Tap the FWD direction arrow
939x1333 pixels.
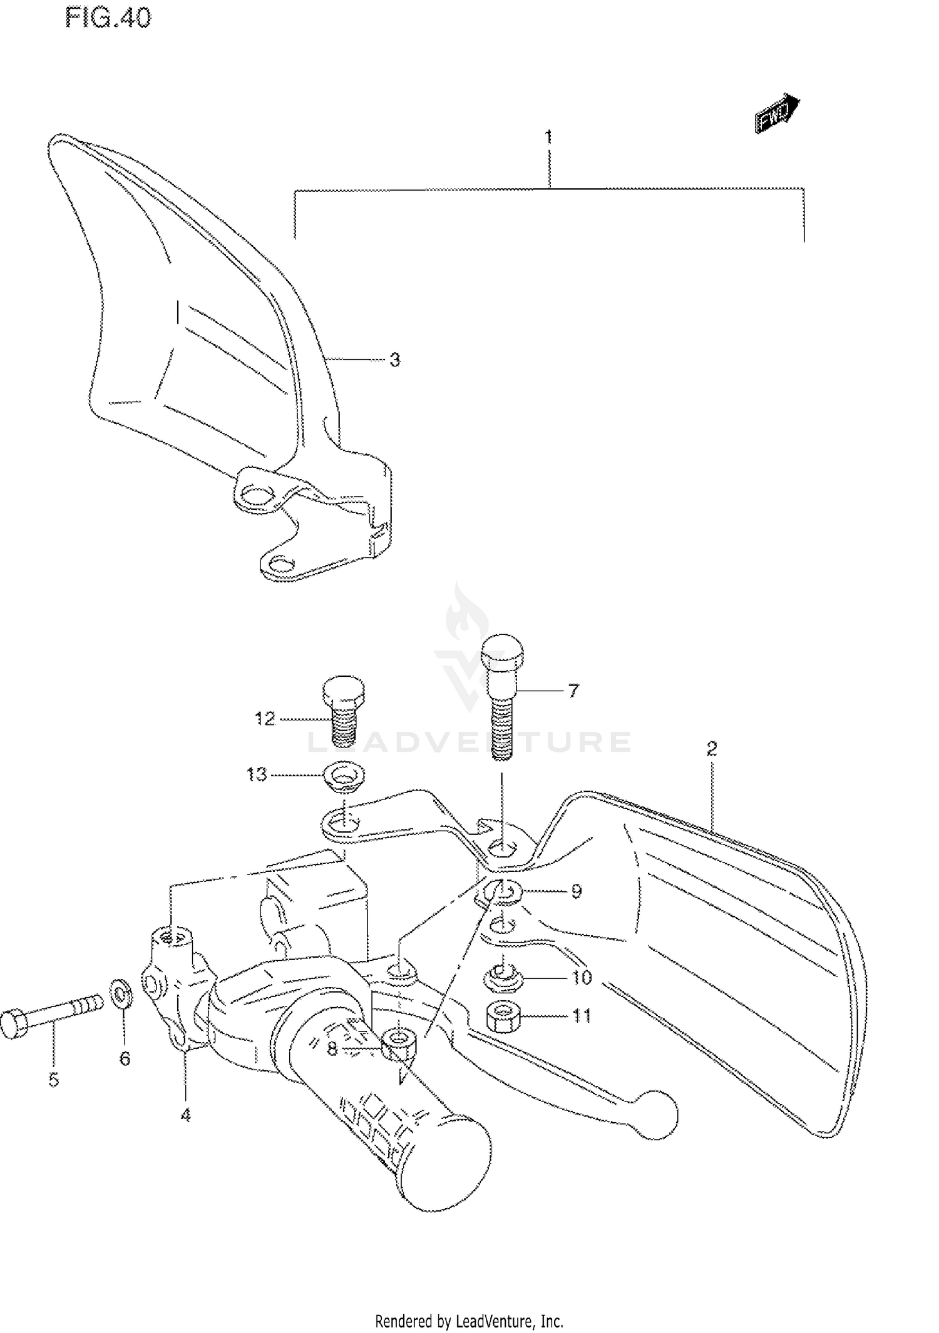(x=777, y=114)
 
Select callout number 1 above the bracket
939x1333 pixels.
(x=548, y=136)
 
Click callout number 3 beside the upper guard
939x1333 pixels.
(x=394, y=360)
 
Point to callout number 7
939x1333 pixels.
(x=573, y=691)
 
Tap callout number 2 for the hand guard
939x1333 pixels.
(x=712, y=748)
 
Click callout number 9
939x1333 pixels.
(x=577, y=891)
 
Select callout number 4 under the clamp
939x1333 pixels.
(x=185, y=1115)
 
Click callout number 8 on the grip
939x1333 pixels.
(x=332, y=1048)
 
